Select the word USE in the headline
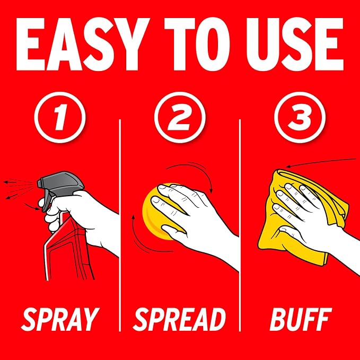point(295,45)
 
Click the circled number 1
point(60,117)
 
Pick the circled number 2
point(180,117)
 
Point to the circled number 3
point(300,117)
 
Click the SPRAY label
point(60,319)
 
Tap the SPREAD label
point(180,319)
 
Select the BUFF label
point(301,319)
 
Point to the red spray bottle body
point(69,248)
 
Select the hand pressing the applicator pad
point(195,218)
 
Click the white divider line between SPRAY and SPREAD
point(120,225)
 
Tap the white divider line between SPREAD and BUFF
point(240,225)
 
